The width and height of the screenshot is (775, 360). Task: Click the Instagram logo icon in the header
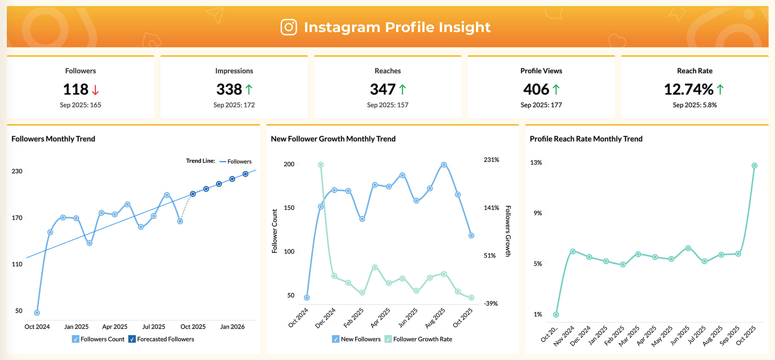[289, 27]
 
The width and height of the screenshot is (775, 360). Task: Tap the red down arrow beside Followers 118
[96, 90]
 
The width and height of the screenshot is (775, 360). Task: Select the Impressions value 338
[229, 90]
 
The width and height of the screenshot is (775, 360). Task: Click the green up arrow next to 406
[556, 90]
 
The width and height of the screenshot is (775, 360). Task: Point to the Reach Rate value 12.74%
[688, 90]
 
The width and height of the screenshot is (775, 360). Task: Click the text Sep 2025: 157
[387, 105]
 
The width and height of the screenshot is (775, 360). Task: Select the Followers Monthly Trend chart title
[53, 139]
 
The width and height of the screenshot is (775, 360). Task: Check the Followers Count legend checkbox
[76, 339]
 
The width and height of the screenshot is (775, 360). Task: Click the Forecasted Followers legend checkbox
[132, 339]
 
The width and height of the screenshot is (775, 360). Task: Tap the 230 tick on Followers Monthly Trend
[17, 171]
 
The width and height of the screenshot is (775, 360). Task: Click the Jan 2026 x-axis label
[232, 327]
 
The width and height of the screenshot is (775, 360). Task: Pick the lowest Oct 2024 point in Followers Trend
[37, 313]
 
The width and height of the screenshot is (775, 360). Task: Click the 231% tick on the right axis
[491, 160]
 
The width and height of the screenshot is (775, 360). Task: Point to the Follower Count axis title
[275, 231]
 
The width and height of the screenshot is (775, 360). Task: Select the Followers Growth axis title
[508, 231]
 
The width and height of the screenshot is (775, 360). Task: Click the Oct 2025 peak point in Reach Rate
[754, 165]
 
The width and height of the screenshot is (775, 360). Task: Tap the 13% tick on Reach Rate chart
[536, 163]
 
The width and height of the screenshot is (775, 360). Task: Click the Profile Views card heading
[541, 71]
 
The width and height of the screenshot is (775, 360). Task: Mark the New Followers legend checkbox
[336, 339]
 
